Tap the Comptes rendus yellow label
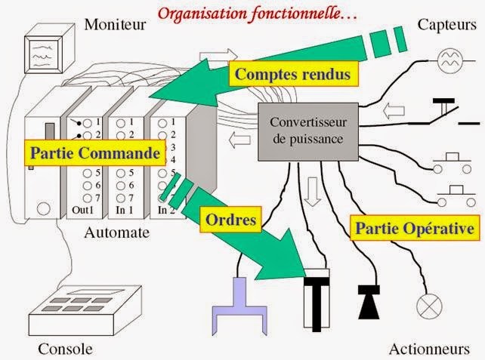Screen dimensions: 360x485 292,74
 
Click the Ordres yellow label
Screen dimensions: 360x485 229,220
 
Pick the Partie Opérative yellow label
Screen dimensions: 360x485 412,227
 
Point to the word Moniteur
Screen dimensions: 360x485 115,25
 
